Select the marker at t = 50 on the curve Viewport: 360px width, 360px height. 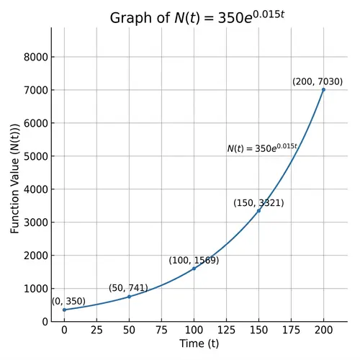pyautogui.click(x=129, y=297)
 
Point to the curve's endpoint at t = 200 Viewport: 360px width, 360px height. pyautogui.click(x=323, y=90)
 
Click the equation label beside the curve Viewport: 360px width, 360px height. pyautogui.click(x=262, y=148)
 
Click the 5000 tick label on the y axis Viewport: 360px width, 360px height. pyautogui.click(x=35, y=156)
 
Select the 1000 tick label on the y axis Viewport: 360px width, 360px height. pyautogui.click(x=35, y=289)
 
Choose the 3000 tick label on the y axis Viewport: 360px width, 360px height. pyautogui.click(x=35, y=222)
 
